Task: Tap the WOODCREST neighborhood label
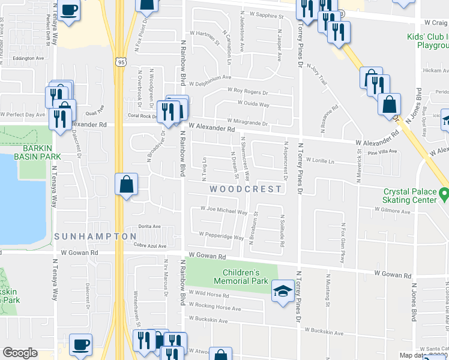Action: point(246,189)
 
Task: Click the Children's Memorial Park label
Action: point(242,276)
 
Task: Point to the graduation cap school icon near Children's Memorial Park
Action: point(280,292)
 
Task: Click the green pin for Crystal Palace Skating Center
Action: point(444,194)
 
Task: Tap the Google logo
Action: point(20,352)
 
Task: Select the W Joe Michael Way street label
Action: point(223,211)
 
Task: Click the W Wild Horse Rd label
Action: point(208,295)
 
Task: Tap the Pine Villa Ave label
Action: point(384,152)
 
